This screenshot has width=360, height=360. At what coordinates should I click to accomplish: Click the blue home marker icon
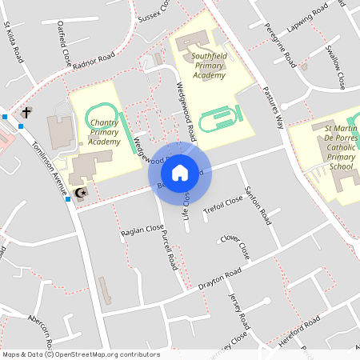pyautogui.click(x=179, y=172)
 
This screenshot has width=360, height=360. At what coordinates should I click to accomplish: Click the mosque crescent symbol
pyautogui.click(x=79, y=192)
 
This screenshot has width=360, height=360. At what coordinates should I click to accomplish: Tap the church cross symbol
pyautogui.click(x=26, y=113)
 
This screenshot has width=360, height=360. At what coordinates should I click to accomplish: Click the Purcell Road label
pyautogui.click(x=168, y=247)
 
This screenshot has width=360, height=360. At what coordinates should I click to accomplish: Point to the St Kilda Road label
pyautogui.click(x=14, y=42)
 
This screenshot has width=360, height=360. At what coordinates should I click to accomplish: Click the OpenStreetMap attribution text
pyautogui.click(x=81, y=354)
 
